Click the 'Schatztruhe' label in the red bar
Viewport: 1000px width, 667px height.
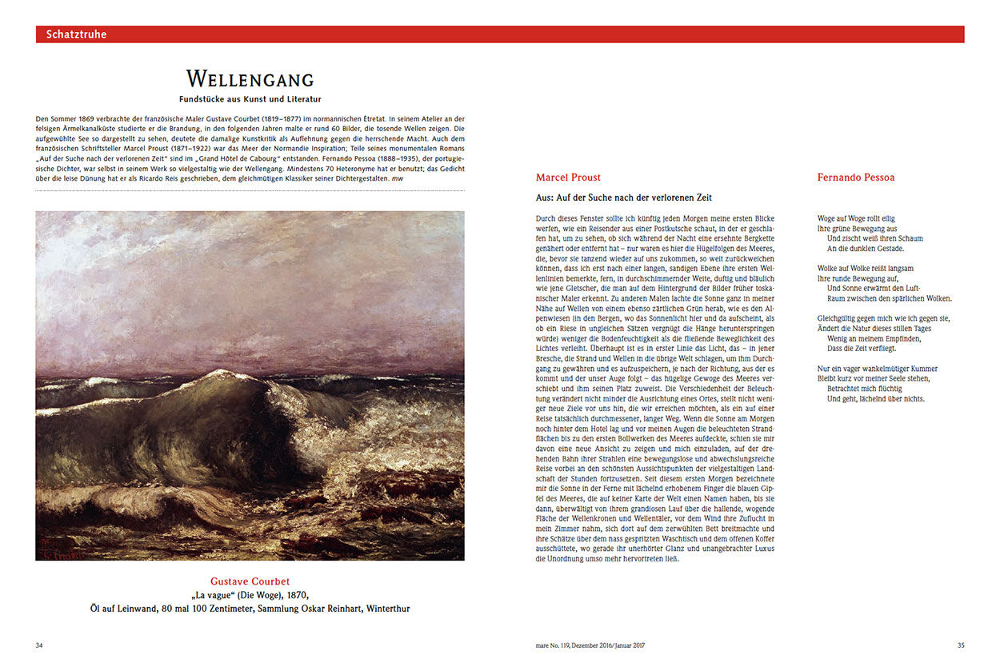point(76,34)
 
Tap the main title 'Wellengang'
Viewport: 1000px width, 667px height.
point(250,79)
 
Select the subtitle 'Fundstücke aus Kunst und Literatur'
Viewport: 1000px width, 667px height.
point(250,99)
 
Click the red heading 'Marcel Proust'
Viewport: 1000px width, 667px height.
point(568,178)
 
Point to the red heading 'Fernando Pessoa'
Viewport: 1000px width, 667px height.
point(856,178)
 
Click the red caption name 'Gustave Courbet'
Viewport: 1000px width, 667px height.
point(250,581)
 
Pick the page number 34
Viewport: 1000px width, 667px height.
point(39,645)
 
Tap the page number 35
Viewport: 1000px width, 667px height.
point(961,645)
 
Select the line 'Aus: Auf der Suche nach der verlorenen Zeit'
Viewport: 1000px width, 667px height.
point(623,198)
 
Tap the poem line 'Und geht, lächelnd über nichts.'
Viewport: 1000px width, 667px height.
point(876,398)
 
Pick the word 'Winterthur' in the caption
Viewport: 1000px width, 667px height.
point(382,609)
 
